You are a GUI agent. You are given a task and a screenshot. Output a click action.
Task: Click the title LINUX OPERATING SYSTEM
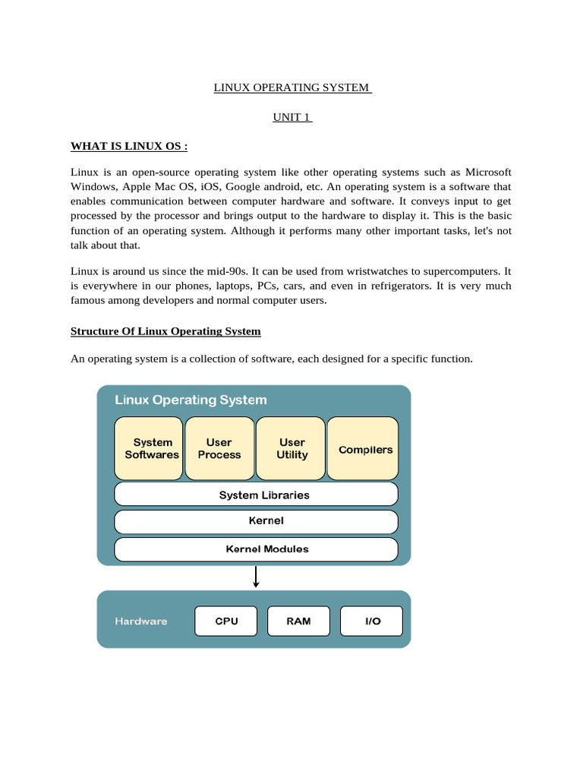291,87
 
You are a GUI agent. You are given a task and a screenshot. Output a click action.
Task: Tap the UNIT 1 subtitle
291,117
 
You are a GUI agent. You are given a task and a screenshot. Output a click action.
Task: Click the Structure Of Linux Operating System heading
165,331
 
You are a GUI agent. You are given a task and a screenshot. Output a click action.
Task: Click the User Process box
219,448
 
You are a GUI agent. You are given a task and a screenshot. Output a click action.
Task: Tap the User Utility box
292,448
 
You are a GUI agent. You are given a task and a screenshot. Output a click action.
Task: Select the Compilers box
365,449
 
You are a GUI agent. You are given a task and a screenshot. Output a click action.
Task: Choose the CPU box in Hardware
226,621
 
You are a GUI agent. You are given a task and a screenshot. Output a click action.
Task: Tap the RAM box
298,621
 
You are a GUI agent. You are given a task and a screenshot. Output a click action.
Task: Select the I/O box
372,621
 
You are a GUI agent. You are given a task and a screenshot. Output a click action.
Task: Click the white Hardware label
140,621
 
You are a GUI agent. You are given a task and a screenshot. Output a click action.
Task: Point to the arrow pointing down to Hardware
256,577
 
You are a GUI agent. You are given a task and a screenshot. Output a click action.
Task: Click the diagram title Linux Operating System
191,400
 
